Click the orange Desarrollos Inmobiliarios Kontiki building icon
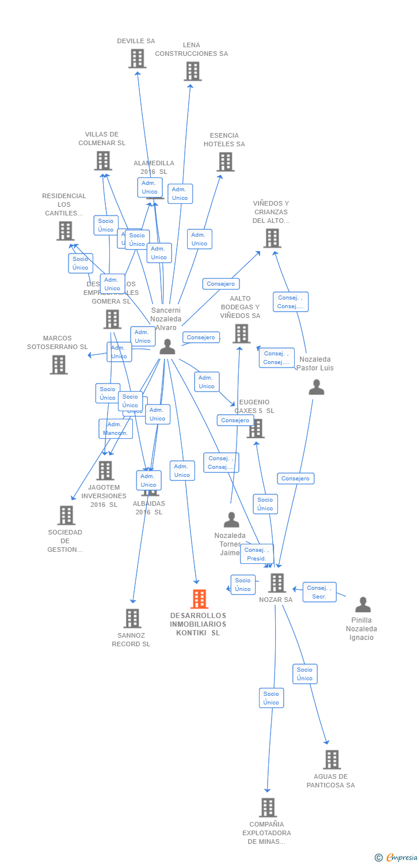[x=199, y=599]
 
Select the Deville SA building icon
[x=137, y=59]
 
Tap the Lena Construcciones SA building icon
[x=192, y=71]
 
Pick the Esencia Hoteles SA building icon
[x=225, y=162]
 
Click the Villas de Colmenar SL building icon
[x=103, y=161]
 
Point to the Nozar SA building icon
[x=277, y=583]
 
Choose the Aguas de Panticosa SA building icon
[x=332, y=760]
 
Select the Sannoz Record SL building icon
[x=132, y=619]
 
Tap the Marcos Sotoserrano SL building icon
[x=58, y=365]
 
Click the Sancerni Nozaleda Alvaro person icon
[x=167, y=347]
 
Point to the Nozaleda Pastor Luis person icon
[x=317, y=387]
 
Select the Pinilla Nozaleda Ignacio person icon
[x=363, y=605]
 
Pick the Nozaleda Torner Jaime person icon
[x=231, y=520]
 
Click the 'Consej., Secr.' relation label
[x=319, y=592]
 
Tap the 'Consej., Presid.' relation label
[x=257, y=554]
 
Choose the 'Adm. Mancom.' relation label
[x=116, y=429]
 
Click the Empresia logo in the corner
[x=397, y=858]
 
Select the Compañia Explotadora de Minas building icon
[x=268, y=808]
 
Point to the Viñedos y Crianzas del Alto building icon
[x=272, y=238]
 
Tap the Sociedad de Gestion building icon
[x=66, y=516]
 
